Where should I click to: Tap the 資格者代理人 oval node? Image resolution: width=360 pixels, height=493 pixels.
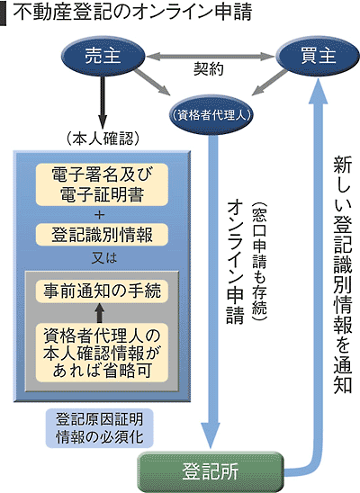211,114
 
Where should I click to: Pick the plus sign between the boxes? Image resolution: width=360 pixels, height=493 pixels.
102,213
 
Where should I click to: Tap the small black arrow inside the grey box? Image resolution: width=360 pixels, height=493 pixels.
100,314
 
